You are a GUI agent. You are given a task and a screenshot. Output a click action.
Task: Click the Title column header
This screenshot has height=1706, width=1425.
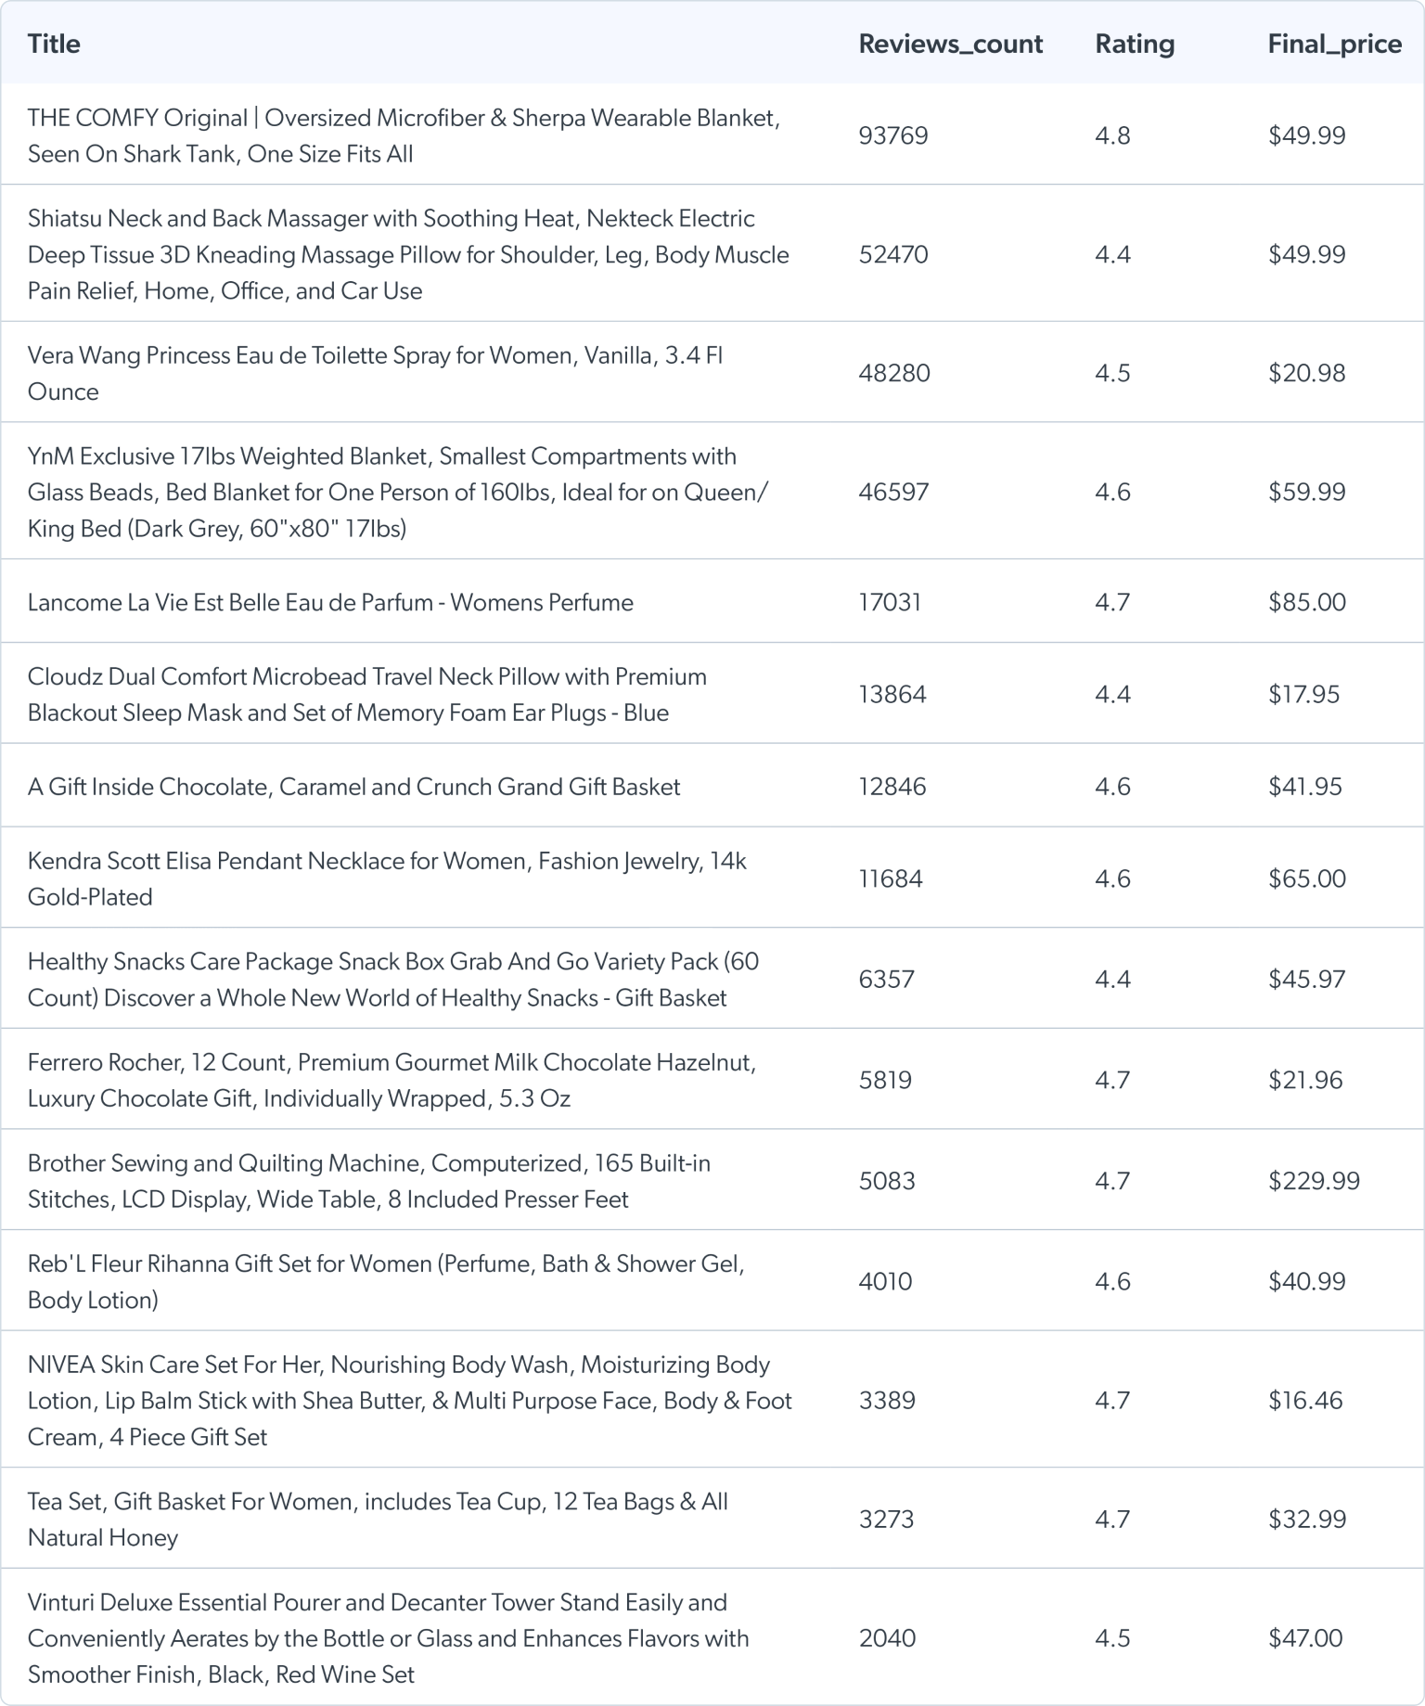click(54, 44)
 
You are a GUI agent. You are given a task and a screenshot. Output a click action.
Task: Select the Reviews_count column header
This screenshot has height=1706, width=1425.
click(950, 44)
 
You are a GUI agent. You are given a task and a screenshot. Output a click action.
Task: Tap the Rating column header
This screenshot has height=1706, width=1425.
click(1134, 44)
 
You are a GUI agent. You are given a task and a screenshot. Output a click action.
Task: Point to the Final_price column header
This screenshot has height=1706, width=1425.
click(1334, 44)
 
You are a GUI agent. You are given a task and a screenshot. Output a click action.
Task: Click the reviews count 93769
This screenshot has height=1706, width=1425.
click(892, 135)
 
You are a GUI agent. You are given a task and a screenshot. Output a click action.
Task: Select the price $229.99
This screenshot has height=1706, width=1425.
click(1314, 1180)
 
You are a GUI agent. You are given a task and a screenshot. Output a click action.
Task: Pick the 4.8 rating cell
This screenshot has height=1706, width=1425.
click(1112, 135)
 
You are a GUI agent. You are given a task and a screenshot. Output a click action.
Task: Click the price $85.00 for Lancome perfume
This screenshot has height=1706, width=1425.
click(1306, 602)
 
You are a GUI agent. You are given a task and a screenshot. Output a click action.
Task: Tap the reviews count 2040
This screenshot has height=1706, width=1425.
click(887, 1637)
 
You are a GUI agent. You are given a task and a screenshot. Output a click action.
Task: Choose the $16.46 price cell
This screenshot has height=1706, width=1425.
click(1305, 1400)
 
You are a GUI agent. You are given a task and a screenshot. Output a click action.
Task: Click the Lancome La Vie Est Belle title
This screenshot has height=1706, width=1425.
click(330, 602)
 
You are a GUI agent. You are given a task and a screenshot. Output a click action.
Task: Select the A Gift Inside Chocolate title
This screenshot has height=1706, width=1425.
click(353, 787)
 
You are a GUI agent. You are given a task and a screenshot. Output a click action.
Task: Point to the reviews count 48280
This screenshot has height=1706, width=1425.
click(893, 373)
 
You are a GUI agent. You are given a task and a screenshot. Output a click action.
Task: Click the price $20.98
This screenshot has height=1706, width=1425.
click(1306, 373)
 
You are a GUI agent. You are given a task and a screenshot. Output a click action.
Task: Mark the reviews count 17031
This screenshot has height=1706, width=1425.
click(890, 602)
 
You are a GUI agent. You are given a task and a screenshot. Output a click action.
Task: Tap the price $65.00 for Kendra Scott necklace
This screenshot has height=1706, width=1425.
click(1306, 879)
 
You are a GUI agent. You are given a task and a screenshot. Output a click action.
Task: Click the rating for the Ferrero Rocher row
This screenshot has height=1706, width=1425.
click(1112, 1080)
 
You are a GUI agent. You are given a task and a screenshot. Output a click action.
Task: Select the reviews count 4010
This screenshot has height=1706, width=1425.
click(885, 1281)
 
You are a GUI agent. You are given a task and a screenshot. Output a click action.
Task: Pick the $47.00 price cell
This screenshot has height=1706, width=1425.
click(1305, 1637)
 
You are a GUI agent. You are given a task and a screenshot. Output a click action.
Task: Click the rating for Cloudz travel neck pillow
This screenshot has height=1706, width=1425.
click(1112, 694)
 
